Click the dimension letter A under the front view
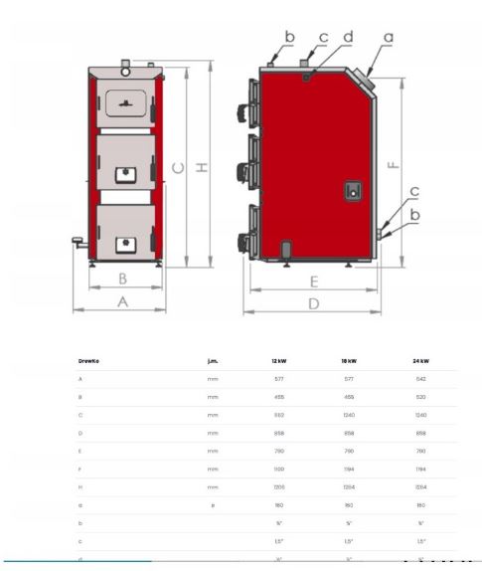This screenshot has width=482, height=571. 122,301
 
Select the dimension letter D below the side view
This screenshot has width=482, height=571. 313,303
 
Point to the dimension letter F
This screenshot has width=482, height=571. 390,164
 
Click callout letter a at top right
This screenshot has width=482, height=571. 388,36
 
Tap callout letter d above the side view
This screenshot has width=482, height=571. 348,37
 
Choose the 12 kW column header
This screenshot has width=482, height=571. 278,361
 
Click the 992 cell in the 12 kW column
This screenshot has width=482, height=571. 278,415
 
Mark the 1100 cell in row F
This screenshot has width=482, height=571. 278,468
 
